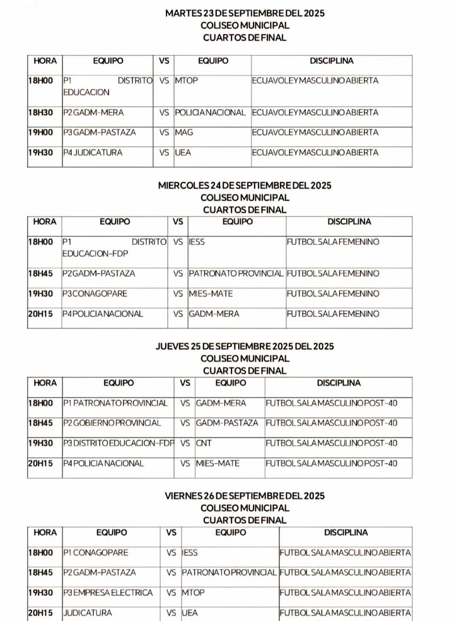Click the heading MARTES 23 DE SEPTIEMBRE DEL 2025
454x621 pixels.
click(245, 13)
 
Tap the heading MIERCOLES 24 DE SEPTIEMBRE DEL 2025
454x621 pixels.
click(245, 186)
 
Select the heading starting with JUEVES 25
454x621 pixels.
click(245, 346)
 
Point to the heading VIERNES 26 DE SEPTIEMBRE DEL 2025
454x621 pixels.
click(245, 496)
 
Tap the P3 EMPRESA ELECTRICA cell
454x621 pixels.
click(108, 593)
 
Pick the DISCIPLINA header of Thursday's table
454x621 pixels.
click(339, 383)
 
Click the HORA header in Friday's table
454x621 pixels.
click(45, 533)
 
